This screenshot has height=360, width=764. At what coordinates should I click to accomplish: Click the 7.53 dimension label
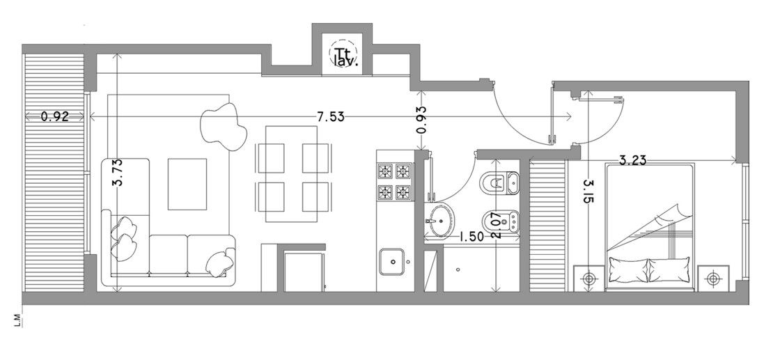[330, 117]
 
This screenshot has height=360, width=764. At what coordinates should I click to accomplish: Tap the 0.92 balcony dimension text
[54, 116]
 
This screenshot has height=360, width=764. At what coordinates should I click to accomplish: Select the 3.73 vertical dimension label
[117, 173]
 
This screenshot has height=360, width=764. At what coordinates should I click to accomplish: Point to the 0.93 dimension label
[422, 120]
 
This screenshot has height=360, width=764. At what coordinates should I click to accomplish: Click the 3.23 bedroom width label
[632, 159]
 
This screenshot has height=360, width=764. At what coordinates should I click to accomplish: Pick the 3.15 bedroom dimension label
[588, 192]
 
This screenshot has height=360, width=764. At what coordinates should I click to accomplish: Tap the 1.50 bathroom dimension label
[471, 237]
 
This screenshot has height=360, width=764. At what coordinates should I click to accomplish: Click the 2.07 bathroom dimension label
[497, 226]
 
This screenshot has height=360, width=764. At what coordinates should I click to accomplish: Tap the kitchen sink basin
[392, 262]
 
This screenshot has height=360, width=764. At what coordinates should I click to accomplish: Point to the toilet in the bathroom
[499, 182]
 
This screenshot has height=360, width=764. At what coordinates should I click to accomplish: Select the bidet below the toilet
[501, 221]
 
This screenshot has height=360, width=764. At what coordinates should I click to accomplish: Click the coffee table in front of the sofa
[187, 184]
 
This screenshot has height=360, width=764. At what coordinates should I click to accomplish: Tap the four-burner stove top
[395, 182]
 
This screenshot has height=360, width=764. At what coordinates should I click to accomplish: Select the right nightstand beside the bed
[713, 279]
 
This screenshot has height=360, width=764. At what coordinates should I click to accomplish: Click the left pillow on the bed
[629, 270]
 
